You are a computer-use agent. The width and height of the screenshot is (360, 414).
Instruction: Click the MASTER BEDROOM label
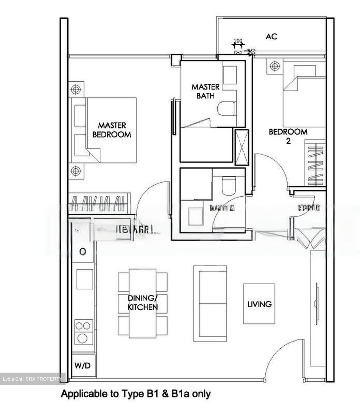(112, 130)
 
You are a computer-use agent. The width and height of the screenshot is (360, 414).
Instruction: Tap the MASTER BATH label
(205, 91)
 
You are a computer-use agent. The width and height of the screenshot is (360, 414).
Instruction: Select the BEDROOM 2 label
(288, 136)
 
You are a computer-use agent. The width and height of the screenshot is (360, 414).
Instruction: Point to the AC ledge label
(271, 37)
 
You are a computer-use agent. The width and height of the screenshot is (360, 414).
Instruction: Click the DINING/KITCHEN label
(143, 302)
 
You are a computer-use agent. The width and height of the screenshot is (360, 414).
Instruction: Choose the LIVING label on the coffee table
(259, 304)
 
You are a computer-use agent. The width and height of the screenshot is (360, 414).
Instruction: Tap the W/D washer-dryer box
(83, 365)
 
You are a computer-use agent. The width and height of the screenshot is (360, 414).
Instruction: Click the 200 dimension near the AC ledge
(238, 41)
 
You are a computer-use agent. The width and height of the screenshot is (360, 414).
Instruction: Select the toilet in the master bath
(227, 109)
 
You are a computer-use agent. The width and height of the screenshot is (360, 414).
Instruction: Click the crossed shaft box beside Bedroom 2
(242, 147)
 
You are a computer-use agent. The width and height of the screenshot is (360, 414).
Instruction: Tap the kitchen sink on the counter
(85, 279)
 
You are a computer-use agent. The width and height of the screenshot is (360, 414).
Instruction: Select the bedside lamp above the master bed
(76, 89)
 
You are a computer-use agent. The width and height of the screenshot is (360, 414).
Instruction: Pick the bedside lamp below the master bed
(76, 171)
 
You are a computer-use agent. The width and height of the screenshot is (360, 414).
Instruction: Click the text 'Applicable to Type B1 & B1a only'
(136, 394)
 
